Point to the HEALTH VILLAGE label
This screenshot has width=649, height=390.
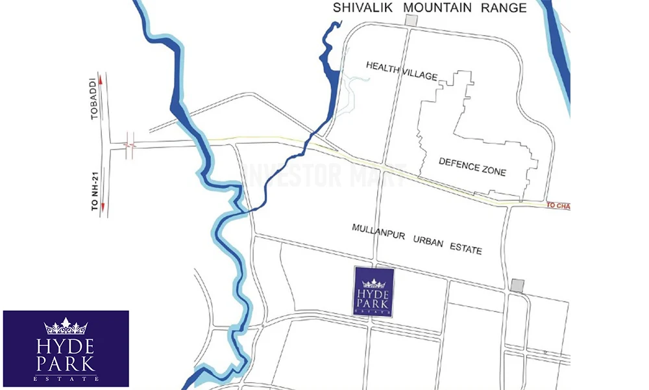click(402, 70)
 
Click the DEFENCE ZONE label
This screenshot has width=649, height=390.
click(472, 166)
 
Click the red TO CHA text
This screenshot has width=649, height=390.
click(557, 205)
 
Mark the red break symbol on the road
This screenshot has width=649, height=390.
click(129, 146)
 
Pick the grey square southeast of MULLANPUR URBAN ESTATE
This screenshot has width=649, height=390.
click(517, 285)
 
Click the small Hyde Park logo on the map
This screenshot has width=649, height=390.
click(373, 292)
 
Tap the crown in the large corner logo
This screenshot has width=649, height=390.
click(66, 326)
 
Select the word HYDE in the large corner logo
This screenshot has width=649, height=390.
click(66, 344)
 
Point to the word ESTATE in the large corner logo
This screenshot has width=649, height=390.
click(66, 378)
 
